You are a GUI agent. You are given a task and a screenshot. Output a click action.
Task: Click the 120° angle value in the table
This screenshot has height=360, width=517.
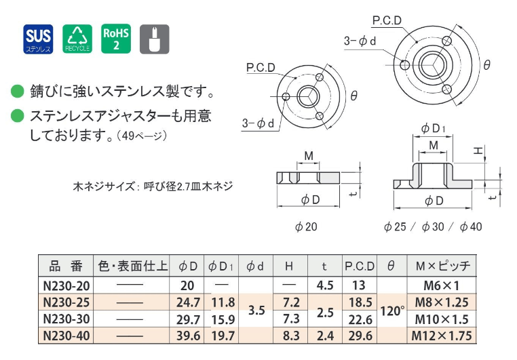pos(391,311)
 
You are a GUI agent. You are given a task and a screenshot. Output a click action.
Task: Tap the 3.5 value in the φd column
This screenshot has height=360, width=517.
pos(256,311)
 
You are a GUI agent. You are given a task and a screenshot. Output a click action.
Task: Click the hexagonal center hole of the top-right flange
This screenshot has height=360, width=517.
pos(430,65)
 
